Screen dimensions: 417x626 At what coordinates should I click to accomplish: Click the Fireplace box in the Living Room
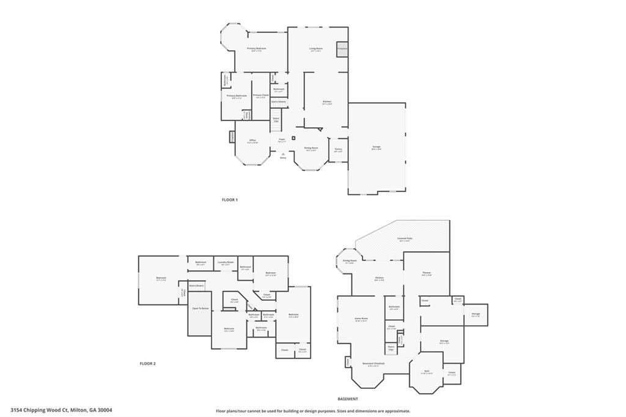click(x=342, y=48)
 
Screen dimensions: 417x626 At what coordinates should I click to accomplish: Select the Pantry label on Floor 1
click(x=338, y=149)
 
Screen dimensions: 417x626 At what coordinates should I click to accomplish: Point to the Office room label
click(x=252, y=141)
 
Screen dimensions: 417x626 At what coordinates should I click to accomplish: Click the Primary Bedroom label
click(x=257, y=49)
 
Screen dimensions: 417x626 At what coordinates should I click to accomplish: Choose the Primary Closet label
click(x=260, y=95)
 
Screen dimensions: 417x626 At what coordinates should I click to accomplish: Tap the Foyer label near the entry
click(x=282, y=140)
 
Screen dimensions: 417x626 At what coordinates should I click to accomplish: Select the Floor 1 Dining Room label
click(x=311, y=148)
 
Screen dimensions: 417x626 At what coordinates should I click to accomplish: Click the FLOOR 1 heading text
click(x=230, y=200)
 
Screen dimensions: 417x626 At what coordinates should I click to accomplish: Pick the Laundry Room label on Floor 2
click(x=226, y=262)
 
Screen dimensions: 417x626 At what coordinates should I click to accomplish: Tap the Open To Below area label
click(x=201, y=309)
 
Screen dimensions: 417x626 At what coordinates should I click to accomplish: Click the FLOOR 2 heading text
click(x=148, y=364)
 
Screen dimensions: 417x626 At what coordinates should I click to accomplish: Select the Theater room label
click(x=427, y=273)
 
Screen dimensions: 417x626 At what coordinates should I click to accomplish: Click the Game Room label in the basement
click(x=361, y=319)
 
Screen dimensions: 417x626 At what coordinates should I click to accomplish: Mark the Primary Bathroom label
click(x=237, y=96)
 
